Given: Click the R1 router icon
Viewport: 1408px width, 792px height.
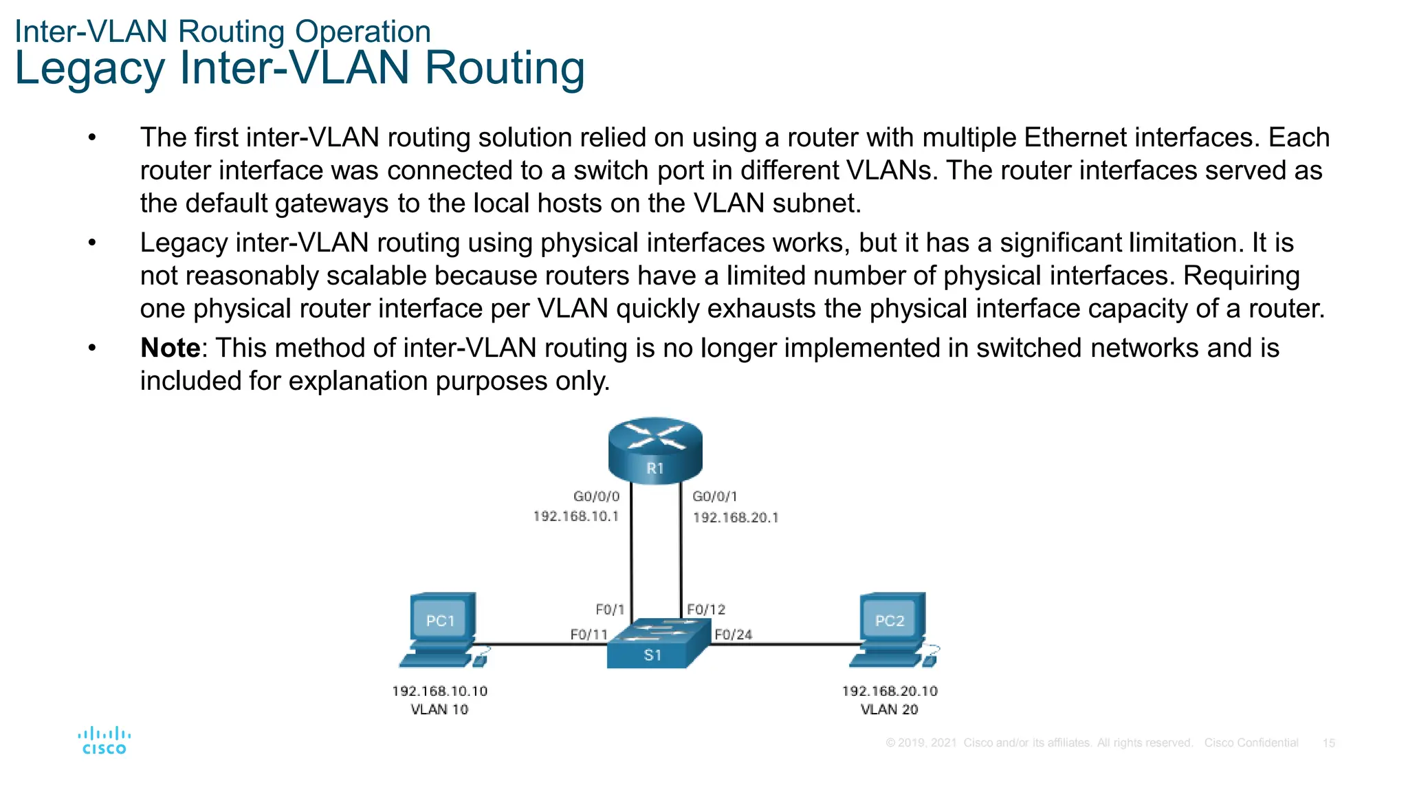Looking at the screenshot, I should pos(655,450).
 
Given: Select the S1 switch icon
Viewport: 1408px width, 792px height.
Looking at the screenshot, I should pos(656,644).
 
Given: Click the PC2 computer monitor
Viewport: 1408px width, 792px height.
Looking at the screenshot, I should pos(891,619).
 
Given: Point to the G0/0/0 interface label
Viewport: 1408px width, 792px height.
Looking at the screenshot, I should pos(596,496).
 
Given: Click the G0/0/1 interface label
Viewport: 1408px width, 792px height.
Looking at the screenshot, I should pos(714,496).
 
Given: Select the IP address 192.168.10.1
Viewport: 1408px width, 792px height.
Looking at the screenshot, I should pos(576,516).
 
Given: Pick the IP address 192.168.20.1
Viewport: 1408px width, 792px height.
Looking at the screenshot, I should pos(735,518).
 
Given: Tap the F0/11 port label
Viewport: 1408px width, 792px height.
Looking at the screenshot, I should pos(588,635).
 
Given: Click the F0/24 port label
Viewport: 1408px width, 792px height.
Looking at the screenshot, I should pos(733,635).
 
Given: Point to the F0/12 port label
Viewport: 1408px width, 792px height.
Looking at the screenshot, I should pos(706,610).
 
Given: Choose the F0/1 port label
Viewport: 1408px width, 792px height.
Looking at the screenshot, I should pos(610,610).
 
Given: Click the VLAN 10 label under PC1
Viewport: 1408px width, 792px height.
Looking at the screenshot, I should pos(439,709).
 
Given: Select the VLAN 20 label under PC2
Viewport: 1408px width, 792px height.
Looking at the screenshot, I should pos(889,709).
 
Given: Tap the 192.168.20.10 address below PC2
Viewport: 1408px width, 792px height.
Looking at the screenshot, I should pos(890,691).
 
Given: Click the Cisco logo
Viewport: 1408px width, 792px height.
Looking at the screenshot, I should pos(104,740).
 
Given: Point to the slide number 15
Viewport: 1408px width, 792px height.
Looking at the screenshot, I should pos(1328,743).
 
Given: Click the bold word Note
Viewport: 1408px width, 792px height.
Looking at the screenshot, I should pos(170,348).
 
